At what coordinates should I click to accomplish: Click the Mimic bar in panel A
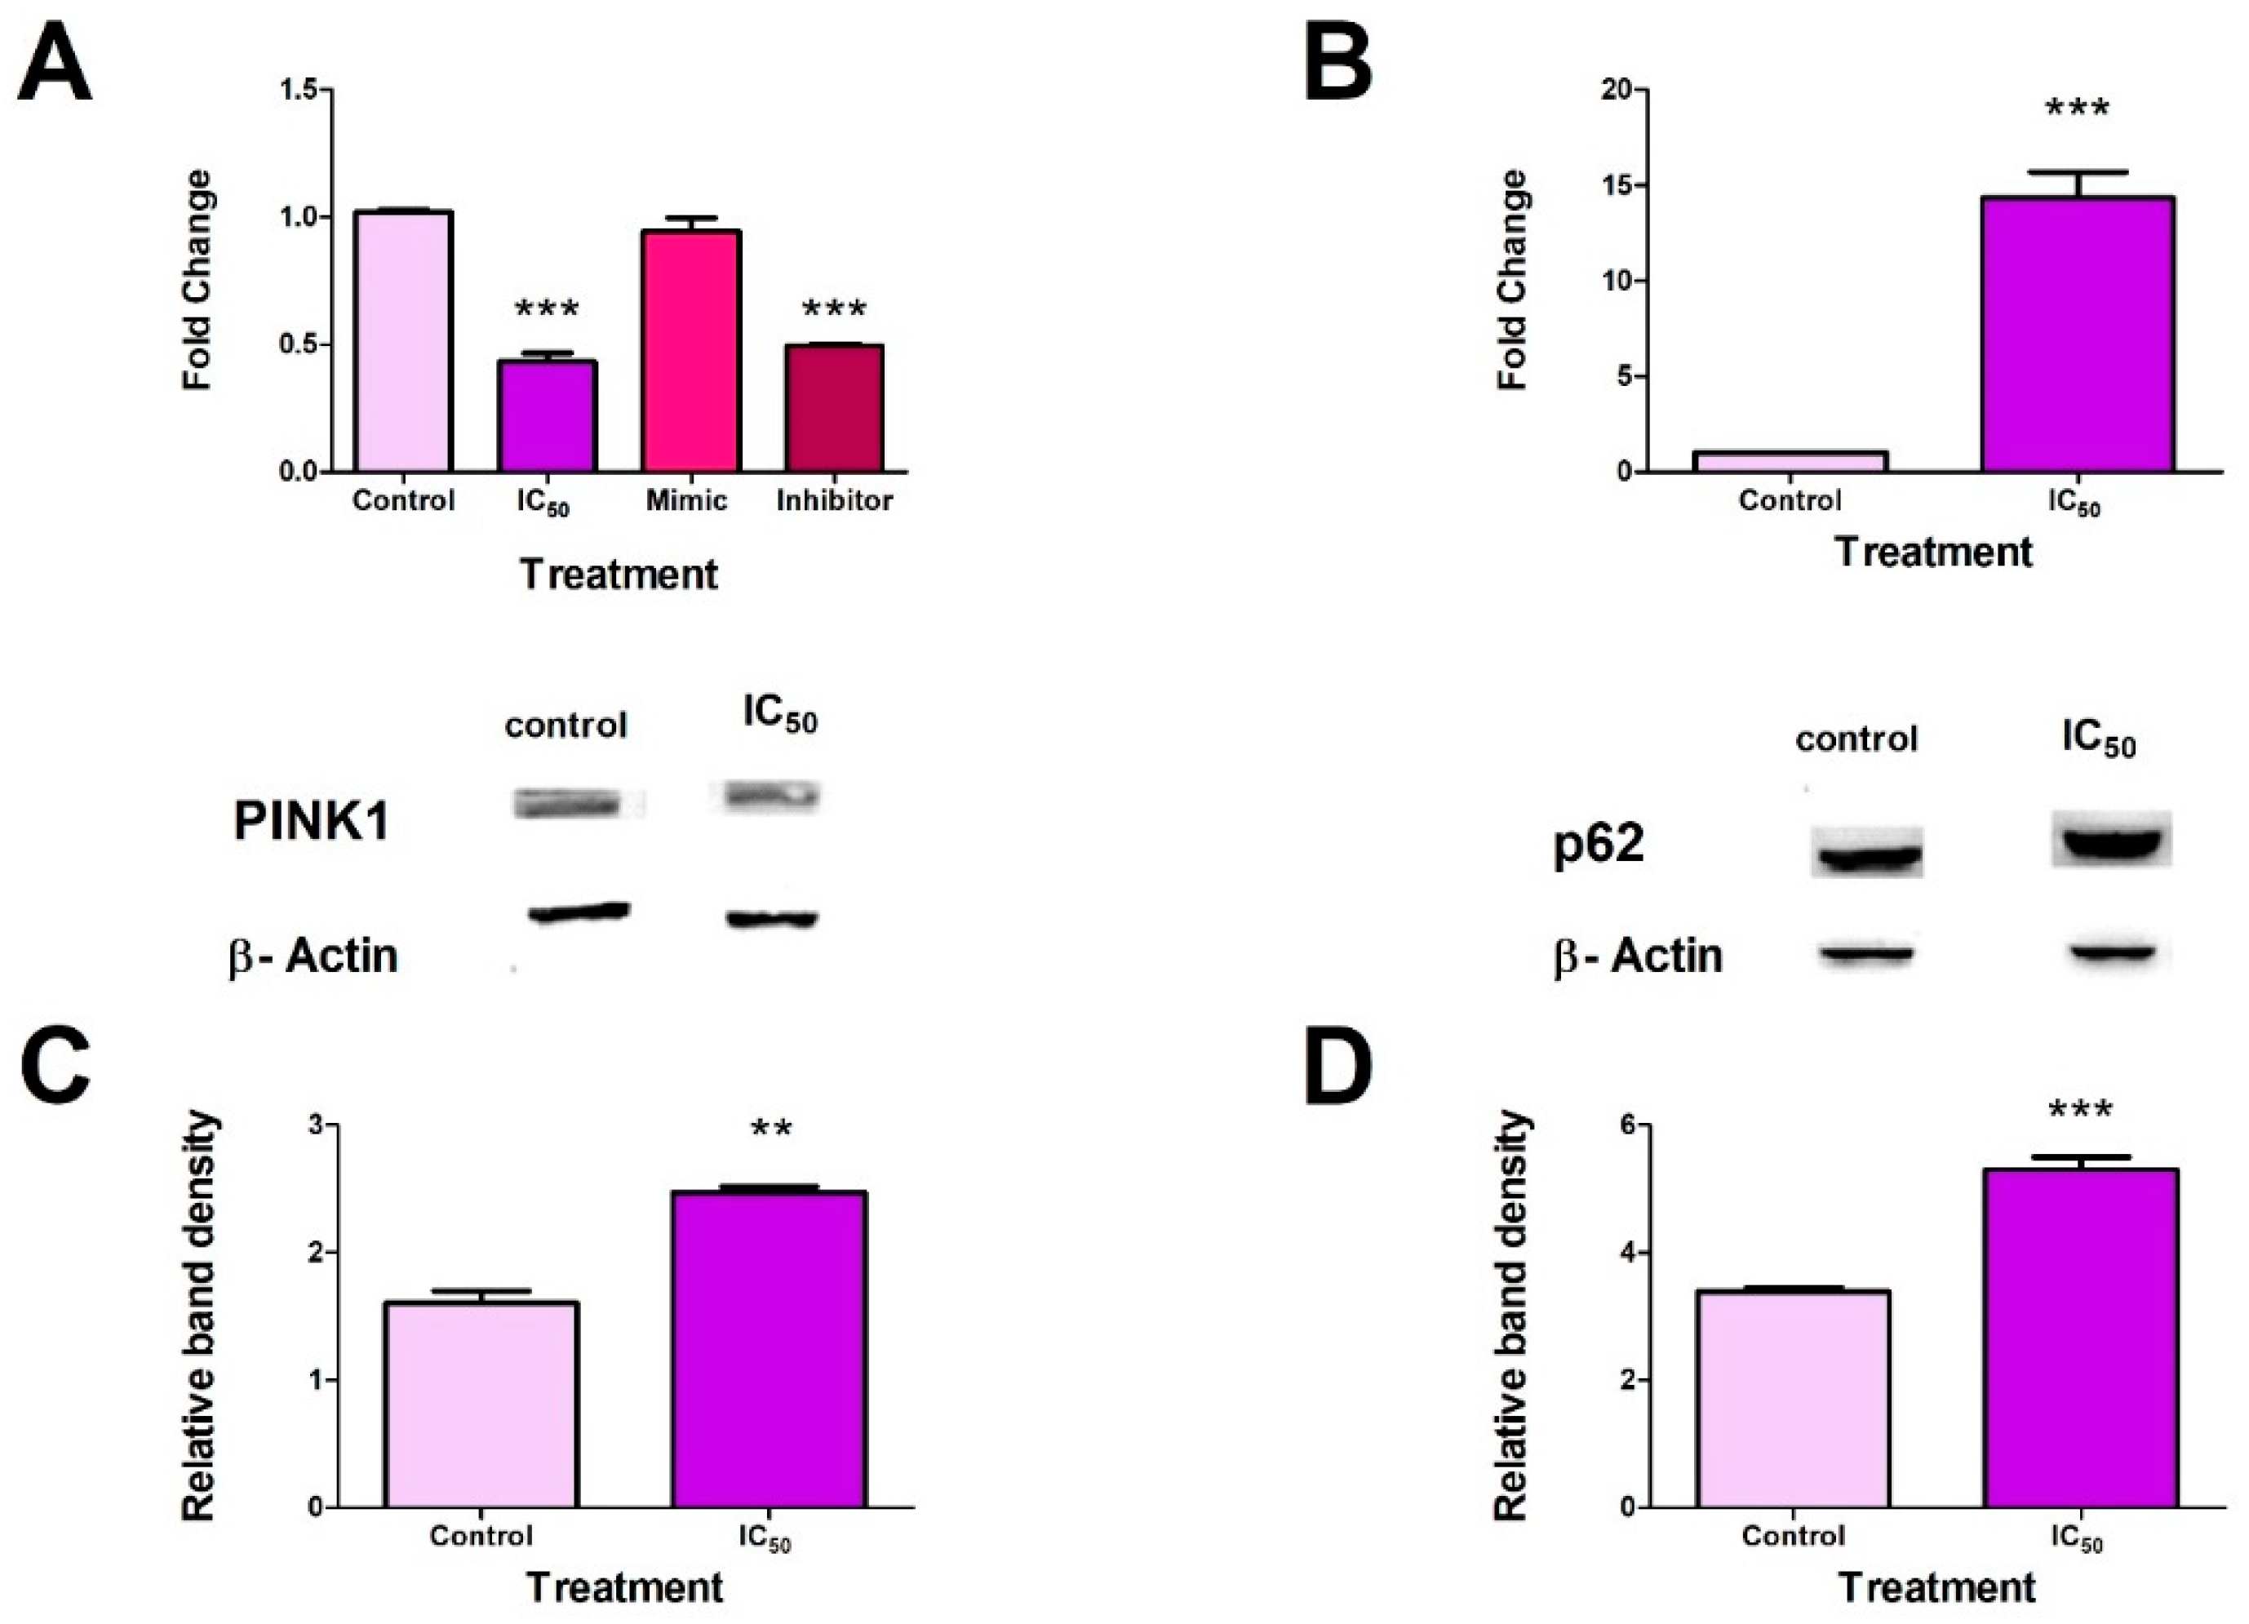(x=690, y=351)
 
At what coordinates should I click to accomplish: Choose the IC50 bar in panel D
(x=2079, y=1338)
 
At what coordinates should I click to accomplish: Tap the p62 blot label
(x=1599, y=844)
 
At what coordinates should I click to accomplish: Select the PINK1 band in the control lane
(x=566, y=803)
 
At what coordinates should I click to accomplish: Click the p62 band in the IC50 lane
(x=2110, y=841)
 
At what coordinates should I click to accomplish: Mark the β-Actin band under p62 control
(x=1865, y=954)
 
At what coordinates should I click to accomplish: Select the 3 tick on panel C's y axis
(x=317, y=1125)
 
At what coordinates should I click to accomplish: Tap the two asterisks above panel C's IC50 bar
(x=771, y=1129)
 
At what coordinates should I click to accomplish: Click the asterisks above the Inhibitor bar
(x=833, y=309)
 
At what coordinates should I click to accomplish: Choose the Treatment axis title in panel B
(x=1934, y=552)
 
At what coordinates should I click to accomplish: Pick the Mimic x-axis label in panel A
(x=686, y=501)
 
